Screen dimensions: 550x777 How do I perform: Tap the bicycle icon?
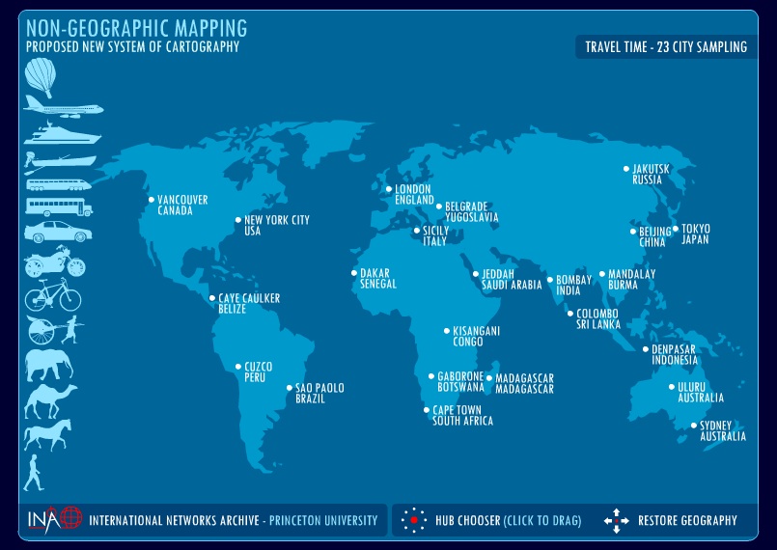pos(53,295)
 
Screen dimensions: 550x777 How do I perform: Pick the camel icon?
pos(50,399)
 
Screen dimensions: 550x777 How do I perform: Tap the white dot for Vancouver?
pos(151,200)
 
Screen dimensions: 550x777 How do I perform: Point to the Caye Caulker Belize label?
pos(249,304)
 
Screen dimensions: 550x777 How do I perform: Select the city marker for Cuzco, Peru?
pos(238,367)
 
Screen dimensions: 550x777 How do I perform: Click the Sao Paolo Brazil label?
pos(319,394)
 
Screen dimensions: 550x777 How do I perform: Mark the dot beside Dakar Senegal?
pos(353,273)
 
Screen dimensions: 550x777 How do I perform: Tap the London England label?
pos(413,195)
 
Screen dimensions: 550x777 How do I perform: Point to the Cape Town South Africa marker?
pos(427,410)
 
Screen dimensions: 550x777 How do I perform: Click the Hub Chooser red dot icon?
pos(413,520)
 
